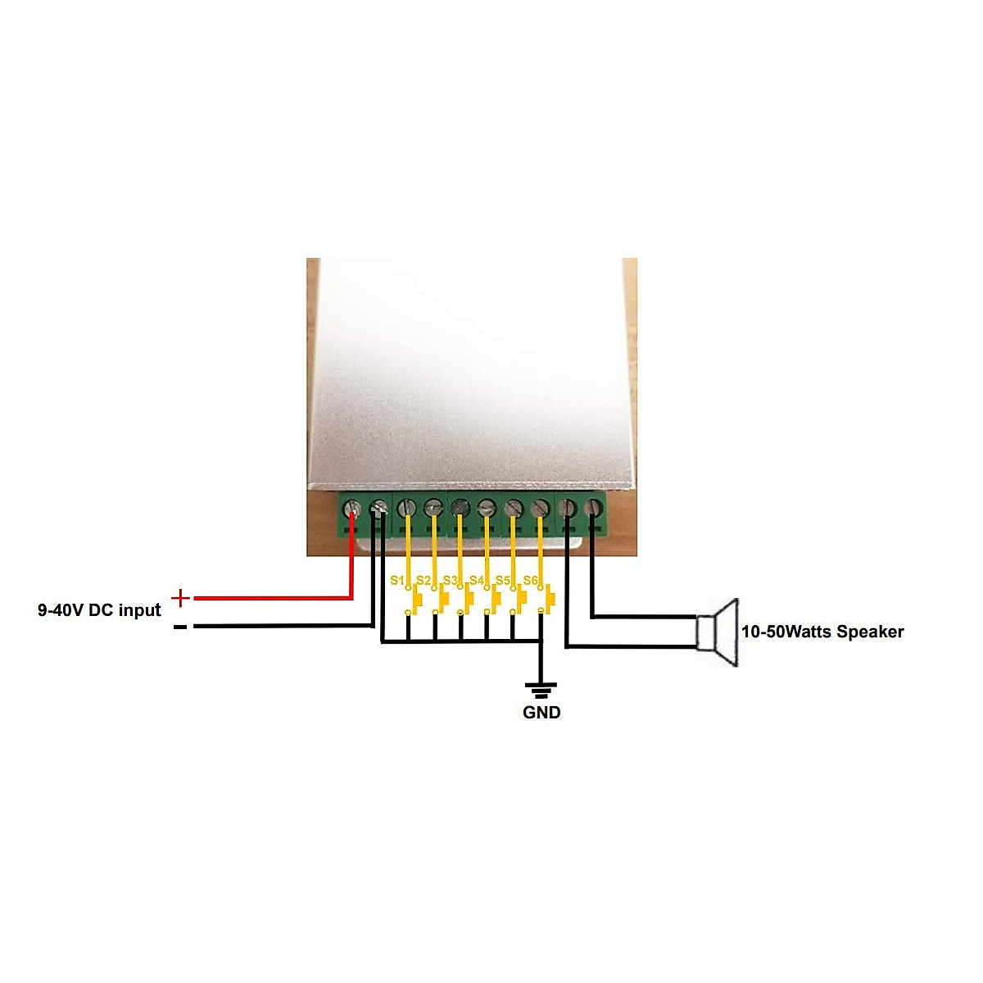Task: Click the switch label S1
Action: (x=397, y=581)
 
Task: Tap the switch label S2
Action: (x=424, y=581)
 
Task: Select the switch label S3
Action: (x=450, y=581)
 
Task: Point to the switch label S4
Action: (x=477, y=581)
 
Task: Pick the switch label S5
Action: (x=503, y=581)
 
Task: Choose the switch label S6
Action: (x=531, y=581)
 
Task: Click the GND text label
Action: (x=541, y=713)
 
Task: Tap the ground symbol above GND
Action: (x=541, y=689)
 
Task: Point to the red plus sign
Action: (x=181, y=598)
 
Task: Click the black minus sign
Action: (x=180, y=627)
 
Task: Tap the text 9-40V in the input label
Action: (x=60, y=610)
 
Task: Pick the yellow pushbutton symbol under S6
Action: (x=548, y=602)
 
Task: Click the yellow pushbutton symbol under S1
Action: (x=417, y=602)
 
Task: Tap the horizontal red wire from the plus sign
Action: (x=270, y=598)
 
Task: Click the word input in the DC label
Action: (x=139, y=610)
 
